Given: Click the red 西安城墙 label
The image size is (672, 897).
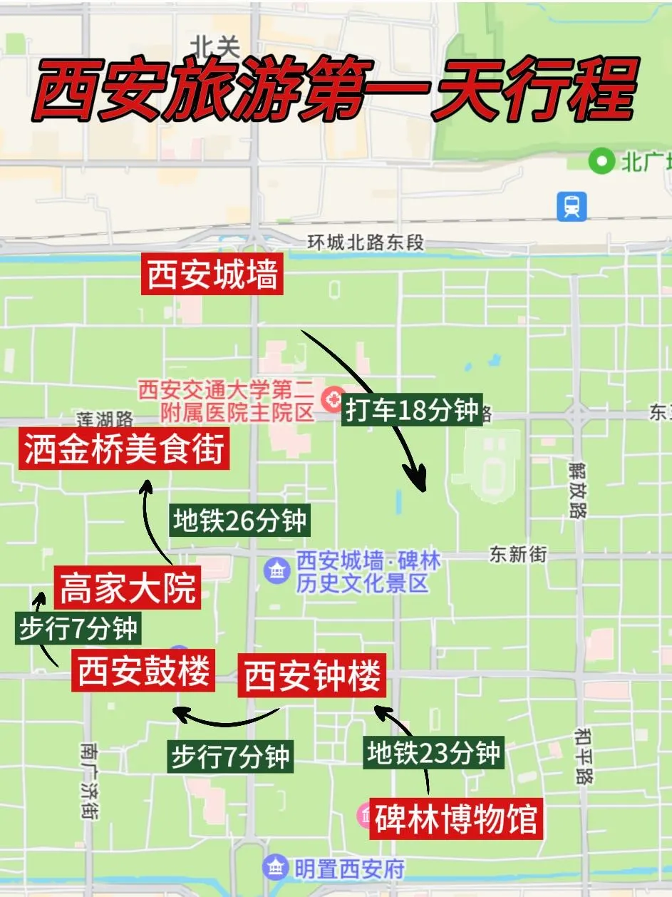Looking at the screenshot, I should pos(212,275).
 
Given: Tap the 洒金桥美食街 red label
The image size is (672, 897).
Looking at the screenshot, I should pos(124,449).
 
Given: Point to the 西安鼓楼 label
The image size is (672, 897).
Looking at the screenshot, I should pos(143,672).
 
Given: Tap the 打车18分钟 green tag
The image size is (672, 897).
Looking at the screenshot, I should pos(412,411).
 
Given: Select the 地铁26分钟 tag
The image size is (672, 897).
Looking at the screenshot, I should pos(239,521).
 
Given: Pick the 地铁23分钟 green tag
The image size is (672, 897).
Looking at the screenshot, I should pos(433,752).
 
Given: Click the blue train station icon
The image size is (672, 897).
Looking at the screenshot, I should pos(571,207).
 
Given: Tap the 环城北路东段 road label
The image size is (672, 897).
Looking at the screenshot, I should pos(366,242).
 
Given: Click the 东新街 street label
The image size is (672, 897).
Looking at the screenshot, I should pos(518,554).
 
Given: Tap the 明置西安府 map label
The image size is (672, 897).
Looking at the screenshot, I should pos(348,868).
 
